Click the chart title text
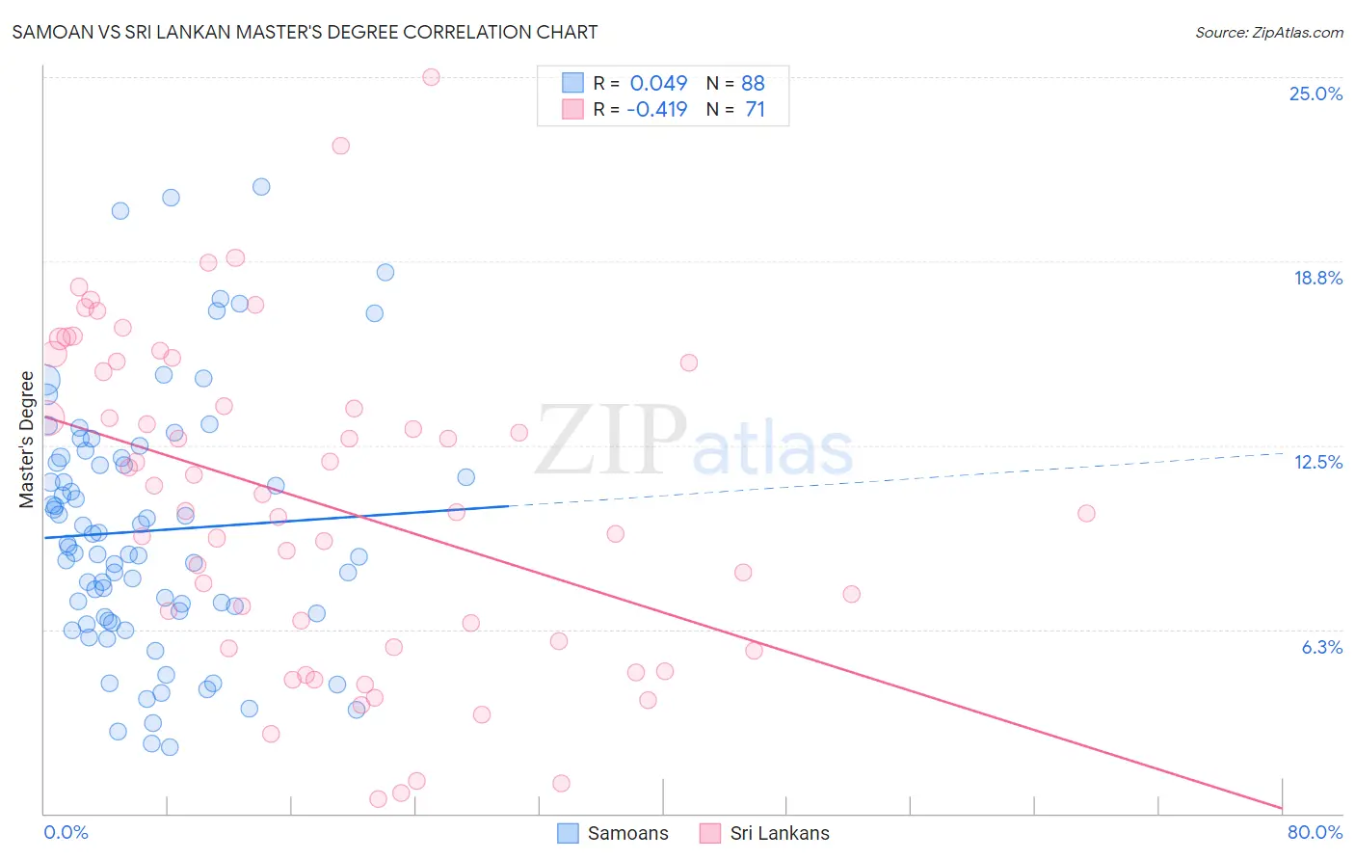click(x=305, y=32)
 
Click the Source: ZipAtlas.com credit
click(x=1268, y=32)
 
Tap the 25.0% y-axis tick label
click(x=1315, y=94)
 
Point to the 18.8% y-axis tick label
click(x=1317, y=278)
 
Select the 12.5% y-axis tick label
click(x=1317, y=462)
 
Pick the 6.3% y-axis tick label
click(x=1321, y=647)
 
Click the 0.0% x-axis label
click(x=66, y=832)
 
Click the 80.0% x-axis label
click(x=1315, y=832)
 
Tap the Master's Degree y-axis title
click(x=26, y=439)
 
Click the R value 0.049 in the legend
click(x=658, y=83)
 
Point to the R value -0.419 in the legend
click(x=656, y=109)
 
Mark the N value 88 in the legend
click(x=753, y=83)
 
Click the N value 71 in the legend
click(x=755, y=109)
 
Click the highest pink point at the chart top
click(x=431, y=77)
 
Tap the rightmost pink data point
click(x=1086, y=513)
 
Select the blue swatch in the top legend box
click(x=572, y=83)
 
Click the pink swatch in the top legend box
click(x=572, y=109)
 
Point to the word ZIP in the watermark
click(x=610, y=441)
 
